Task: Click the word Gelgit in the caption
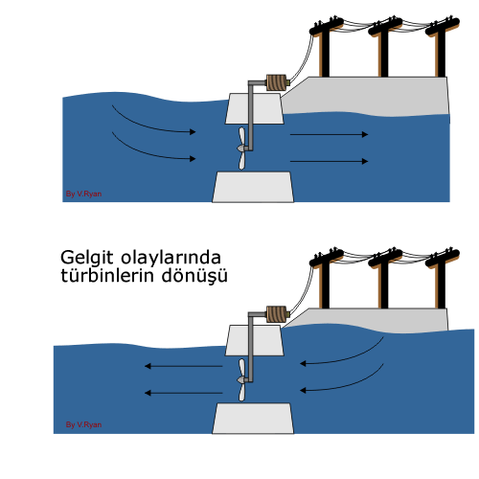pyautogui.click(x=87, y=258)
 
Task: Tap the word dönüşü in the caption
pyautogui.click(x=194, y=276)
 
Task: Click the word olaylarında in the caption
pyautogui.click(x=171, y=258)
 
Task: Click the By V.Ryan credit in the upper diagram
pyautogui.click(x=83, y=194)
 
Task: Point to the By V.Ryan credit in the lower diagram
pyautogui.click(x=83, y=424)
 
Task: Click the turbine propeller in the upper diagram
pyautogui.click(x=241, y=148)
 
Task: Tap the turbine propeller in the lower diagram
pyautogui.click(x=241, y=379)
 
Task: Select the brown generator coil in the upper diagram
pyautogui.click(x=277, y=82)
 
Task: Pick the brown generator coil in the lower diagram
pyautogui.click(x=277, y=314)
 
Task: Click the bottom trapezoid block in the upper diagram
pyautogui.click(x=253, y=187)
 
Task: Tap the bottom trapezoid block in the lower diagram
pyautogui.click(x=253, y=419)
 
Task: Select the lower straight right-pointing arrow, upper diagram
pyautogui.click(x=330, y=161)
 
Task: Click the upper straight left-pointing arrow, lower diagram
pyautogui.click(x=183, y=366)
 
